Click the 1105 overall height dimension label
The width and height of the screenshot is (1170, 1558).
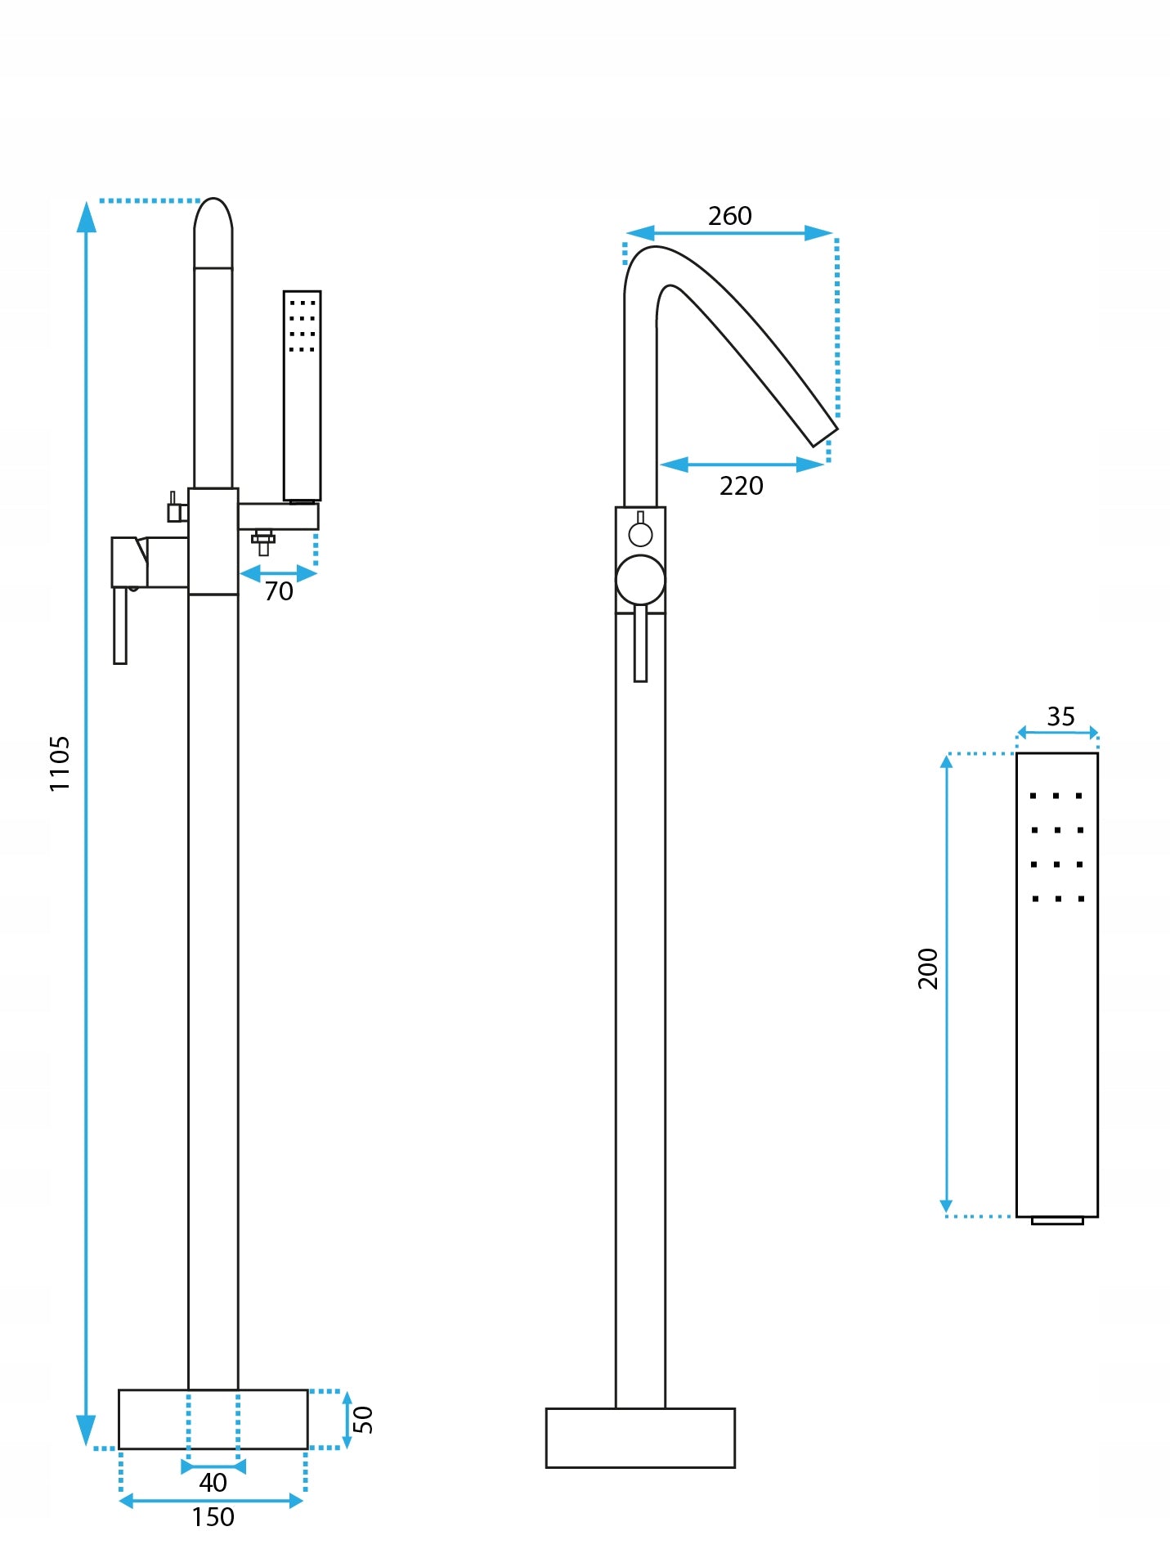60,763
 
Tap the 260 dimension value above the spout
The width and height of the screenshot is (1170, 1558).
729,216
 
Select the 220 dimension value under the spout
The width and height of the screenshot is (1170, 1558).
741,486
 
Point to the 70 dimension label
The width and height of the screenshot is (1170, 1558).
279,590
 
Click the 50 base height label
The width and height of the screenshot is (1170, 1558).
363,1420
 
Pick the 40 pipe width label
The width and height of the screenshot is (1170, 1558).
213,1482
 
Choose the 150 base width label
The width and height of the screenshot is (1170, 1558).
213,1517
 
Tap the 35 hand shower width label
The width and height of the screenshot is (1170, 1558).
1060,716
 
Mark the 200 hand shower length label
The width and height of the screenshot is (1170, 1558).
928,968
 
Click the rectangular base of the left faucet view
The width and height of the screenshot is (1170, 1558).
213,1420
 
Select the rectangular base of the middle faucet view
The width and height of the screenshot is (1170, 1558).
640,1438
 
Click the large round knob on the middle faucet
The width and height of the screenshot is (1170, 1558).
640,580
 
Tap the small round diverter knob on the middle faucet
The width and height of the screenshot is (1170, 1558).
640,535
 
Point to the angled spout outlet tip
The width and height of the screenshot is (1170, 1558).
825,437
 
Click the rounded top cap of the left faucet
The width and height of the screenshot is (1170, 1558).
213,233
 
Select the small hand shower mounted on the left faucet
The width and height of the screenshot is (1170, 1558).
302,395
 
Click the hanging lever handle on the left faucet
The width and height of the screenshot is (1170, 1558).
120,625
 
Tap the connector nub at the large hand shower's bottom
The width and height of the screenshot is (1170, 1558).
1057,1220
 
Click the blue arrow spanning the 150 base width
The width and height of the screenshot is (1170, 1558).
212,1501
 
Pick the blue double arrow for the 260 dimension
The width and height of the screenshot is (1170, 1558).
729,233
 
